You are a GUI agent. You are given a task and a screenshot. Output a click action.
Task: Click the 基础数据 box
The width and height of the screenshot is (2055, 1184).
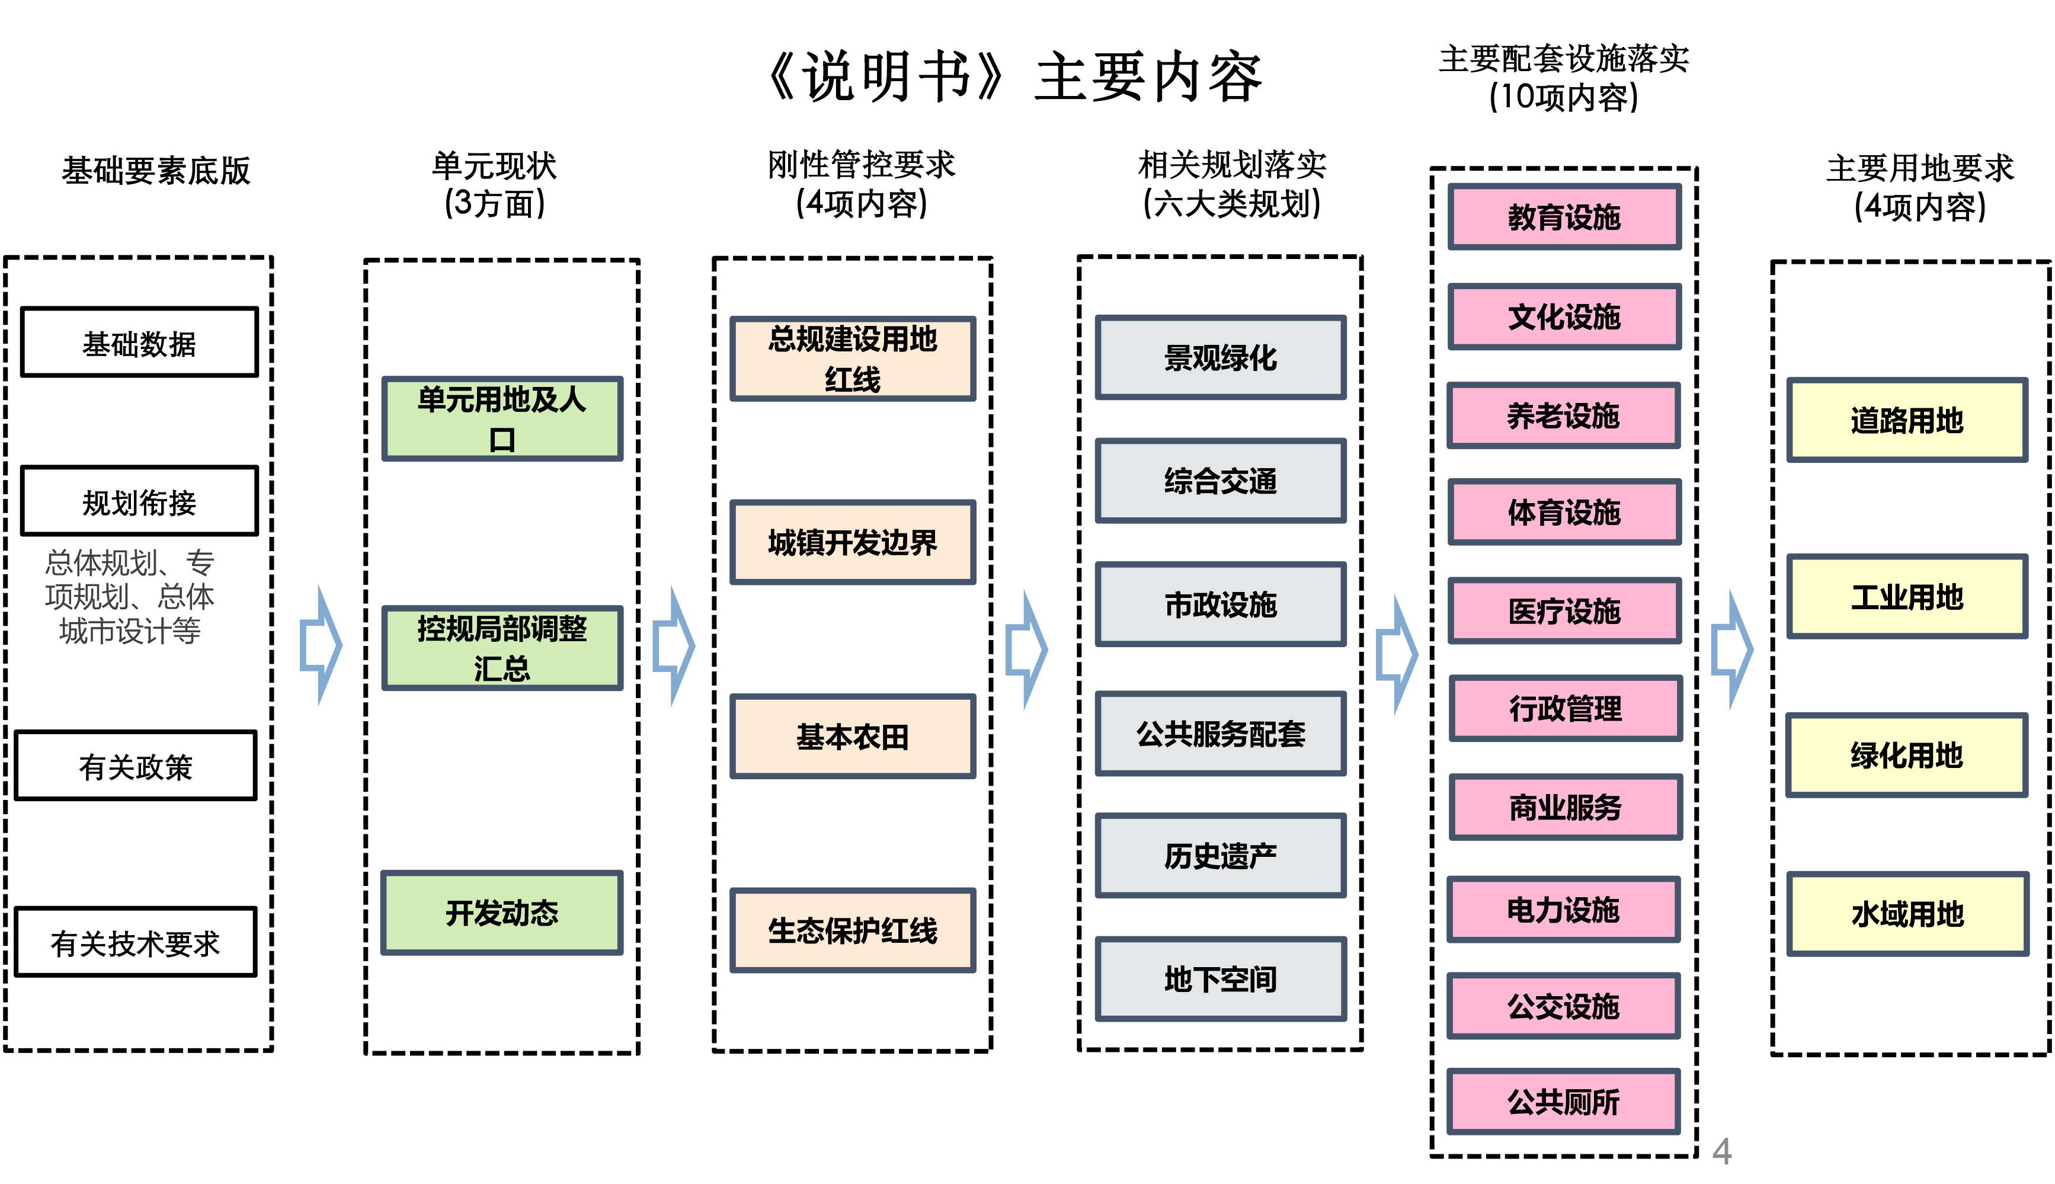coord(139,343)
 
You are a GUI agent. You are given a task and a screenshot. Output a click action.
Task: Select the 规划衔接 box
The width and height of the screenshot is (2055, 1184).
coord(139,501)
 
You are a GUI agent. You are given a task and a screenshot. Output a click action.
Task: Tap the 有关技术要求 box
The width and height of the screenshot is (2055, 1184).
coord(136,942)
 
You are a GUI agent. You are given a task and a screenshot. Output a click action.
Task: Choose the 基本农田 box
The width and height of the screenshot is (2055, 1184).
coord(853,736)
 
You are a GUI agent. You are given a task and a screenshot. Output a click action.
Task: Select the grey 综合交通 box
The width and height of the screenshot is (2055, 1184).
coord(1220,481)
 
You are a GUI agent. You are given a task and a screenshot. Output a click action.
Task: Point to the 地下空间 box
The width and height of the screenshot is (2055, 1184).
coord(1220,979)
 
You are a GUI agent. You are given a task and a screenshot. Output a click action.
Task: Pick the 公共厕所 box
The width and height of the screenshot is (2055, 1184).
coord(1564,1102)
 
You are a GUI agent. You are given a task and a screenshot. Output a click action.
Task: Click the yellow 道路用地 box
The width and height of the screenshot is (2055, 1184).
coord(1907,420)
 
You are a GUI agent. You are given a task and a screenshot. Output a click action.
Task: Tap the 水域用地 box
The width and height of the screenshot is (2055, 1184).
coord(1907,914)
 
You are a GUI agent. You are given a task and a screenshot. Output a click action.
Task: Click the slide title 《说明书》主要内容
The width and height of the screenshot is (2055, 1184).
coord(1014,76)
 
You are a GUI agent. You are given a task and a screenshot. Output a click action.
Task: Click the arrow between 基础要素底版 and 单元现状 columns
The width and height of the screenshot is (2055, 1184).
coord(321,646)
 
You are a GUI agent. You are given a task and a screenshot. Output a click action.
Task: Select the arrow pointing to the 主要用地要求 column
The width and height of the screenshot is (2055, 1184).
coord(1732,649)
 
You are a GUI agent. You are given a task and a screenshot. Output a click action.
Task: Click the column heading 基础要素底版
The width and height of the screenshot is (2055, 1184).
coord(156,171)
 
